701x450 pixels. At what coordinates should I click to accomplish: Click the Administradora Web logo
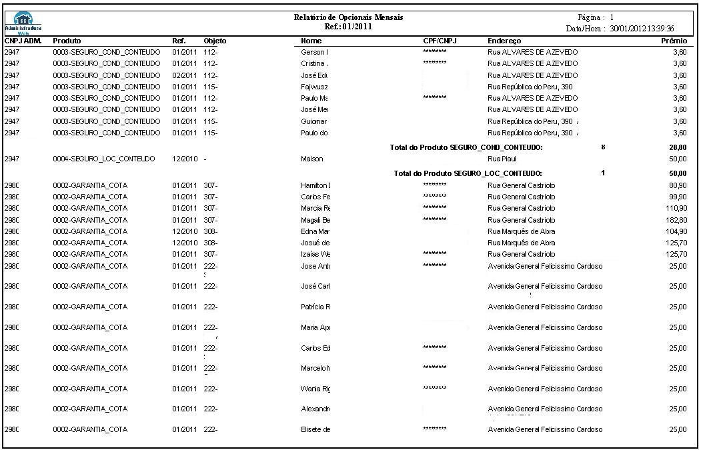pos(23,22)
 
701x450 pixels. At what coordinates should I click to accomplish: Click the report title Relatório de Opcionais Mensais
pos(348,17)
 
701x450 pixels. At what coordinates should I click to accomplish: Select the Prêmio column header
pos(674,41)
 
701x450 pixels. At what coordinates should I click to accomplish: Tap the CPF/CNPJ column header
pos(439,41)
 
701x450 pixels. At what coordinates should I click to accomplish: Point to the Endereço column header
pos(504,41)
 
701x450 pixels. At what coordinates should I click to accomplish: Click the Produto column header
pos(67,41)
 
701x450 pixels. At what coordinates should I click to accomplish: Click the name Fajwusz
pos(314,87)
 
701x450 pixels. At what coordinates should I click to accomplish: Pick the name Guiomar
pos(314,121)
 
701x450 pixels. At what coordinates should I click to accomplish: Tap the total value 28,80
pos(678,147)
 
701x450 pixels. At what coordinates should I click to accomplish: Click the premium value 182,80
pos(676,220)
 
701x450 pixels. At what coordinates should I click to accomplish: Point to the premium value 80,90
pos(678,185)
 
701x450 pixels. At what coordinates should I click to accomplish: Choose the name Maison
pos(312,159)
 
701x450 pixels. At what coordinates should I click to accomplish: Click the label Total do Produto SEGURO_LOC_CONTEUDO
pos(468,173)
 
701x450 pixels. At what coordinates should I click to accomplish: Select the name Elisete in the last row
pos(315,429)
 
